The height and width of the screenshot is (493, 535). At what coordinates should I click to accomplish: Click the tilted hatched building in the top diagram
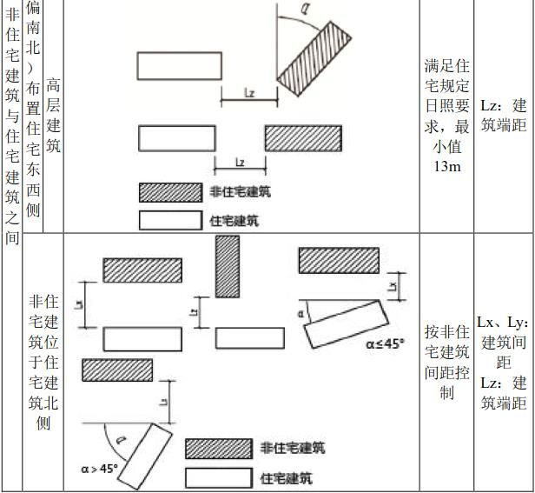pos(314,59)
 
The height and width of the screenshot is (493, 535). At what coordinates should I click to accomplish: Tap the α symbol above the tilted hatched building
pos(305,8)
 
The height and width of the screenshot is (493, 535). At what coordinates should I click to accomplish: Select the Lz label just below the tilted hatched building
pos(250,92)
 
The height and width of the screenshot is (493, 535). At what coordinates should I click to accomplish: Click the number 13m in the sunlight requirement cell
pos(447,166)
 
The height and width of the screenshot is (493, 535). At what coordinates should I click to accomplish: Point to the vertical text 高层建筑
pos(53,115)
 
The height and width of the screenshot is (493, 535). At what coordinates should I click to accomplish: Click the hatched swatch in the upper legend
pos(170,193)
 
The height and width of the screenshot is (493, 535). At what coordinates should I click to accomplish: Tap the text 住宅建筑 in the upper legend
pos(234,221)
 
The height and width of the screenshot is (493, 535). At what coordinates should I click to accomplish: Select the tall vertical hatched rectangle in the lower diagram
pos(228,266)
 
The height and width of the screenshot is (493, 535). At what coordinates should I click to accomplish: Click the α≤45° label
pos(385,343)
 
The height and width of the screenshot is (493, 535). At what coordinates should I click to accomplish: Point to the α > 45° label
pos(99,469)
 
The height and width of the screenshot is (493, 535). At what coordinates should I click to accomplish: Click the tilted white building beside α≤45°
pos(346,323)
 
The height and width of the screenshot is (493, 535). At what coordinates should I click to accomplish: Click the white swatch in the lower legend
pos(219,478)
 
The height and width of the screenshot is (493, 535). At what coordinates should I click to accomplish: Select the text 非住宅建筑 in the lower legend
pos(293,448)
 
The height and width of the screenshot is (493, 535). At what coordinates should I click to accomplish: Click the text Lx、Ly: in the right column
pos(503,322)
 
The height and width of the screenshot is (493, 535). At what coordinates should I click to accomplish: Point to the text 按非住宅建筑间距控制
pos(446,362)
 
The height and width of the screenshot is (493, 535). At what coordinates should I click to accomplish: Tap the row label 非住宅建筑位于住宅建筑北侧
pos(43,363)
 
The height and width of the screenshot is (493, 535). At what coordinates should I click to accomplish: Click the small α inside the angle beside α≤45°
pos(301,313)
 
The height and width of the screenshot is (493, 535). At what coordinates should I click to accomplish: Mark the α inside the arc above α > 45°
pos(120,439)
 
